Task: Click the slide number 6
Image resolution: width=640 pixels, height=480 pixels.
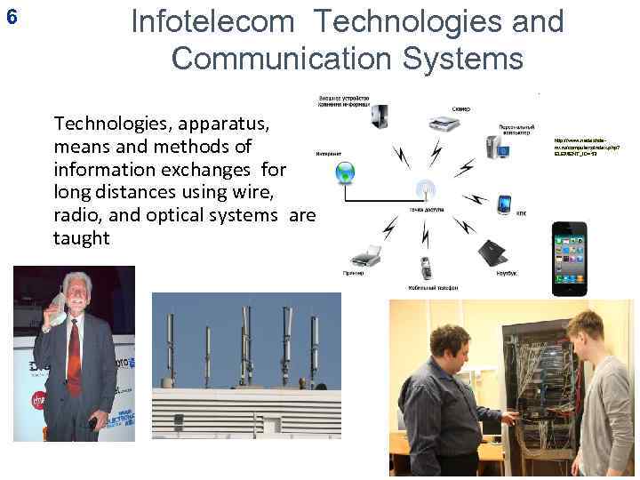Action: (x=11, y=16)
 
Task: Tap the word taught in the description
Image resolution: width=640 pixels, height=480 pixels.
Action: (x=82, y=237)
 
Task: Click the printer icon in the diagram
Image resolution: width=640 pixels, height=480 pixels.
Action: (x=365, y=256)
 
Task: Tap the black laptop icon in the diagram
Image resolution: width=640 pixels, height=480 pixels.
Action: (x=491, y=252)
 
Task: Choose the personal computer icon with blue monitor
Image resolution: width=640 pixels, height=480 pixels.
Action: (x=495, y=145)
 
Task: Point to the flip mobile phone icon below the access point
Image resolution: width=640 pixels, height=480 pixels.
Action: (x=426, y=268)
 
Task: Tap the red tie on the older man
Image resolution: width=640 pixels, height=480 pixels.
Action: (x=74, y=356)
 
